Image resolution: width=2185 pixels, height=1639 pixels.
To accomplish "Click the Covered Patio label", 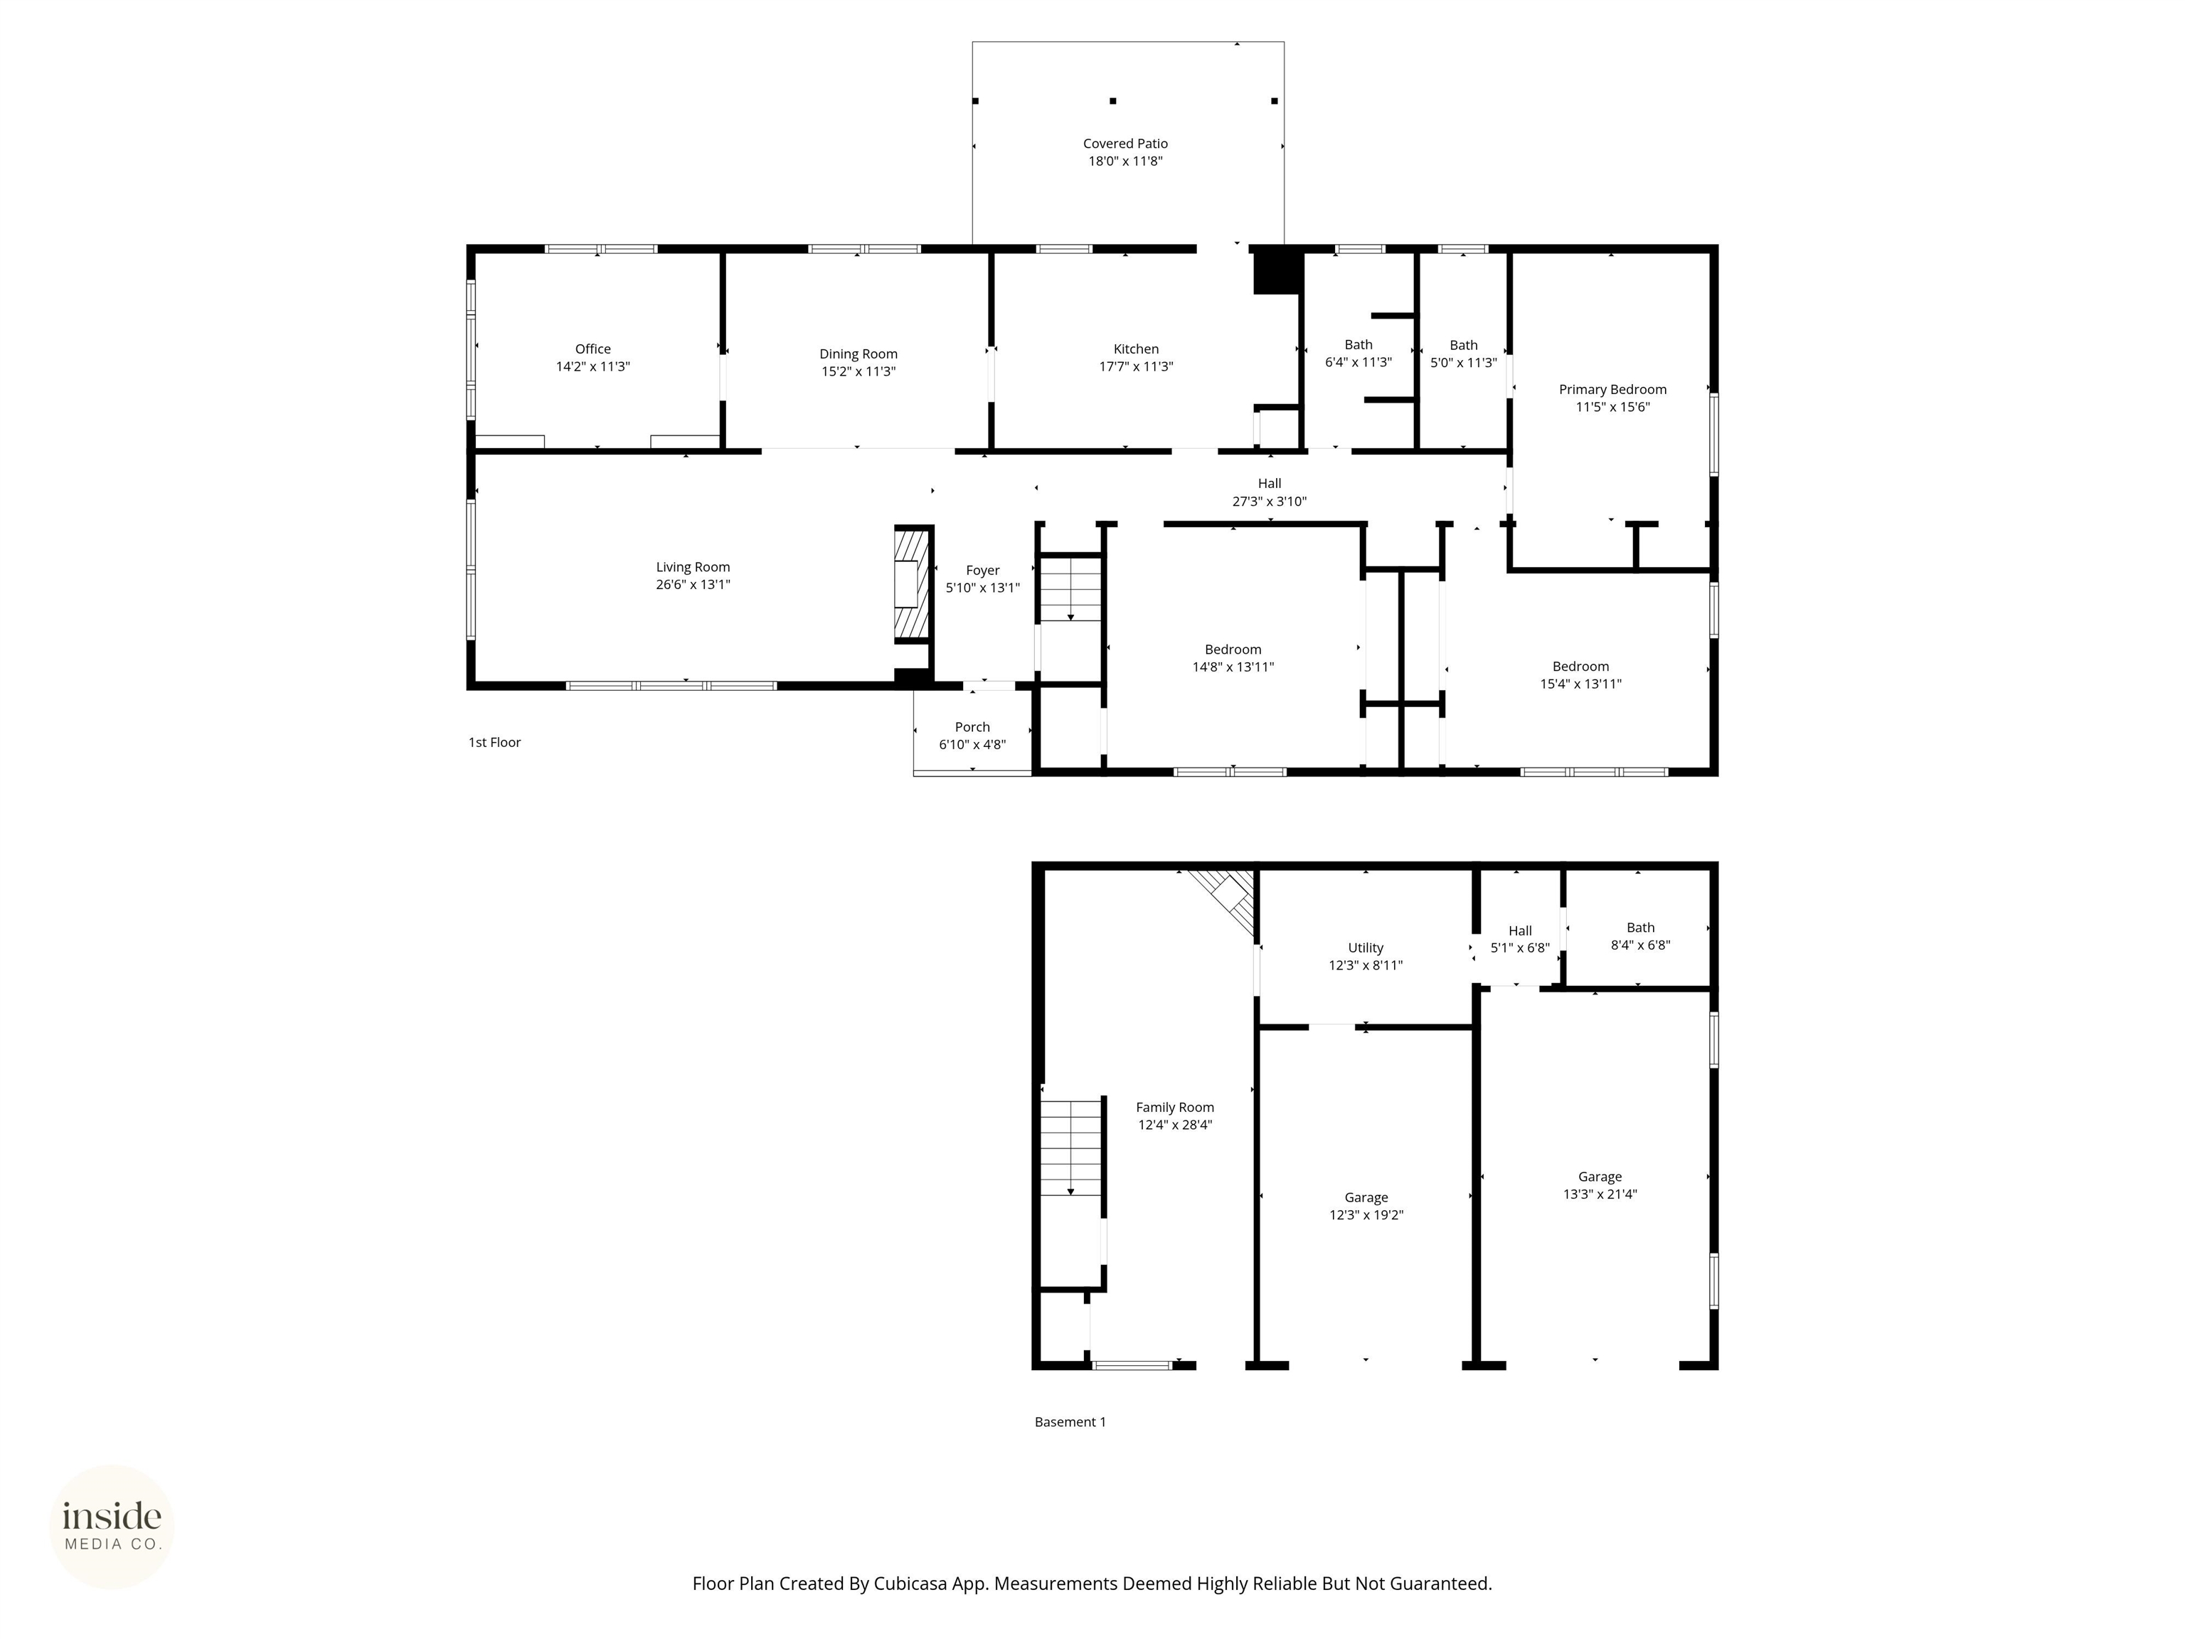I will (1125, 143).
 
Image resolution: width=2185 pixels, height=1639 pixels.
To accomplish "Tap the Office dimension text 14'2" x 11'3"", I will (592, 366).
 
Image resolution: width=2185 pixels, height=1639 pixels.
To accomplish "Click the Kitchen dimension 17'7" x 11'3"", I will (1136, 366).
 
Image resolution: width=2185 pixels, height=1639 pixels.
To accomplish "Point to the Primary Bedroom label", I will (1612, 389).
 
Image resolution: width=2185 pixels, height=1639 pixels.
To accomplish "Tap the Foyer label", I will (982, 570).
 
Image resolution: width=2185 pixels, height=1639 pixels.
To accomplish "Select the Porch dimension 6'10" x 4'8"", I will (972, 745).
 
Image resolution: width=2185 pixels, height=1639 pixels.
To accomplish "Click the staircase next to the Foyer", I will (1070, 590).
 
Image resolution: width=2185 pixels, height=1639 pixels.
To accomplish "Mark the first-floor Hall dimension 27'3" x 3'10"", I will (1270, 501).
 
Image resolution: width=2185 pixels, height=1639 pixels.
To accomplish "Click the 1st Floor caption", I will (494, 742).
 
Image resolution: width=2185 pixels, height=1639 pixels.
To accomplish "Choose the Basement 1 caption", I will (1070, 1421).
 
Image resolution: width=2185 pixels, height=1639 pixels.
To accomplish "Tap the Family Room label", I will (1174, 1108).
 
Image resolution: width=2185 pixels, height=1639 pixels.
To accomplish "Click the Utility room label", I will (1365, 948).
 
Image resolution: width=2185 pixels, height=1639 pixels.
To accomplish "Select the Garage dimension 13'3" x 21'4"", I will (1599, 1194).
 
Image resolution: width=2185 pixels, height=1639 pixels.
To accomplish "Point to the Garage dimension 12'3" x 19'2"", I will (1366, 1215).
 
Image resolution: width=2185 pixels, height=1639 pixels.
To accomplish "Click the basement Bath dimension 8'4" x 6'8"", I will (1639, 945).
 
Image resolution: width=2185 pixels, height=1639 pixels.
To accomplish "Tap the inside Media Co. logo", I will (112, 1527).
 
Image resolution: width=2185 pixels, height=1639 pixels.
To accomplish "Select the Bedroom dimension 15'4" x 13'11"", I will (1580, 684).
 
